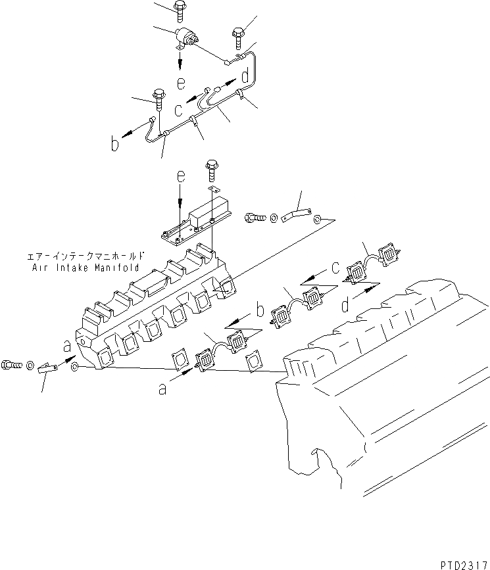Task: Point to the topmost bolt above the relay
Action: point(180,8)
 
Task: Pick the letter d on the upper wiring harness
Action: point(245,78)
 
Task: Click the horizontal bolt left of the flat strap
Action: point(256,216)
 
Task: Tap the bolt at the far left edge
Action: point(14,363)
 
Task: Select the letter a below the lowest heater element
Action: point(162,389)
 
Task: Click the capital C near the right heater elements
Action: point(334,268)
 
